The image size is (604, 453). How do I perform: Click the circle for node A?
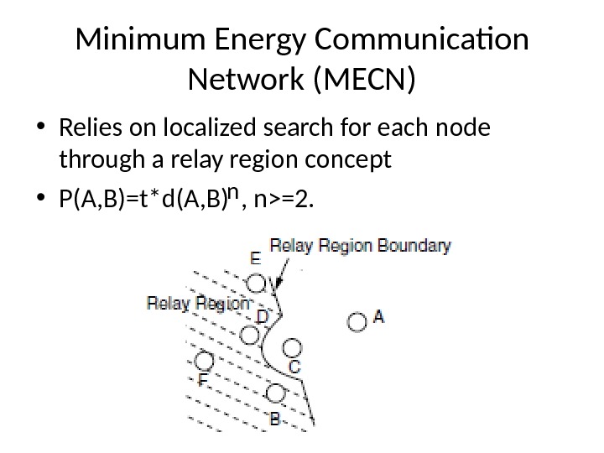[x=357, y=321]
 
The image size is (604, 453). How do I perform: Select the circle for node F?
[x=202, y=362]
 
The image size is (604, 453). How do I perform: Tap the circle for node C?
[x=291, y=347]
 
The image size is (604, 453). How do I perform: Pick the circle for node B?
[x=275, y=392]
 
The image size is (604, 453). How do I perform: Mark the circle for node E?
[x=259, y=283]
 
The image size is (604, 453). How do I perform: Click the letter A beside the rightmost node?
[x=378, y=317]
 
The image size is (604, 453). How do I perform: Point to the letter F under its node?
[x=202, y=380]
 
